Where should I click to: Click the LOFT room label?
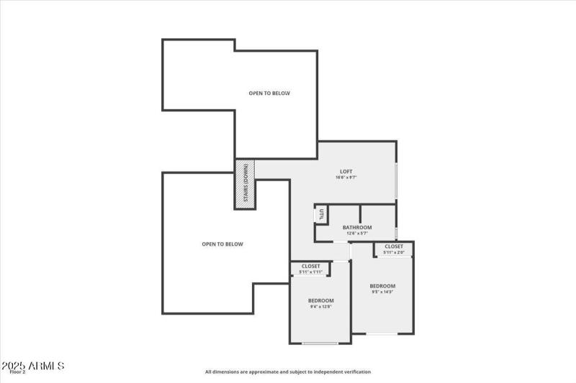(346, 171)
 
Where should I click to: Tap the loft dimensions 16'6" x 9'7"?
(346, 177)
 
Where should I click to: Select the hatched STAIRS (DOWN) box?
(245, 184)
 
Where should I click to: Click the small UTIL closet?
(321, 213)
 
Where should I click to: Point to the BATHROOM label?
(357, 227)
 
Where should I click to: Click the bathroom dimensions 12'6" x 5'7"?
(357, 234)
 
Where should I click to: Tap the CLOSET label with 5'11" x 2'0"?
(394, 246)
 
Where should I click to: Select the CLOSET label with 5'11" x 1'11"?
(310, 266)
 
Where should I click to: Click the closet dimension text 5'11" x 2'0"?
(394, 252)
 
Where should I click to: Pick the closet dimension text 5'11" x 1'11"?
(310, 272)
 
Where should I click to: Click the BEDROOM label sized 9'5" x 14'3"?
(383, 286)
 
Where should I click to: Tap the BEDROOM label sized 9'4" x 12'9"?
(320, 300)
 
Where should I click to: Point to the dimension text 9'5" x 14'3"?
(383, 292)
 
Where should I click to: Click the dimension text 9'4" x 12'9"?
(320, 307)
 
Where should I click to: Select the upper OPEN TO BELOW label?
(269, 93)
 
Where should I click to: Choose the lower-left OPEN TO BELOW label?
(222, 244)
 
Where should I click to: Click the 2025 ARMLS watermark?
(34, 365)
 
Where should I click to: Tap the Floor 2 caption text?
(17, 372)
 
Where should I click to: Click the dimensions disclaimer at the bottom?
(288, 372)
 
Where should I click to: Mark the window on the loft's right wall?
(396, 180)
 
